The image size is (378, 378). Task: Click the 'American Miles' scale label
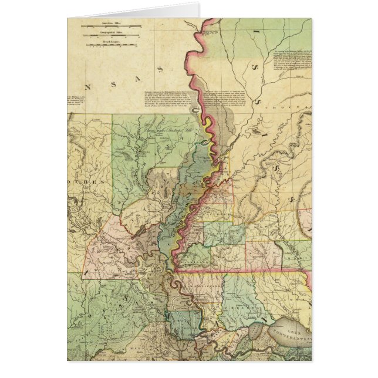[x=113, y=26]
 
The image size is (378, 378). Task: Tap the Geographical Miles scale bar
[x=113, y=37]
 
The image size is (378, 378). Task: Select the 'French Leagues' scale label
[x=113, y=41]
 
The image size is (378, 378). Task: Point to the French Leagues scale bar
[x=113, y=45]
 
